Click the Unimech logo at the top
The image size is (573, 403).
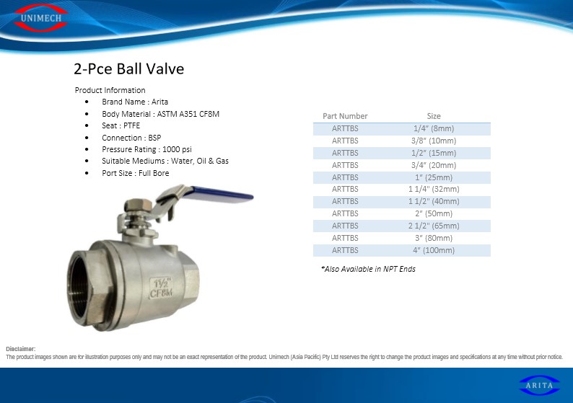(x=41, y=17)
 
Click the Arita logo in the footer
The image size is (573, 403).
(x=539, y=385)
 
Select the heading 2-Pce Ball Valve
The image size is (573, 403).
(x=129, y=69)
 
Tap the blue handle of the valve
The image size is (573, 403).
(x=222, y=192)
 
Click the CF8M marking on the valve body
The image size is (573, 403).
(x=161, y=293)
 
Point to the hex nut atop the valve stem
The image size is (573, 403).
(x=138, y=205)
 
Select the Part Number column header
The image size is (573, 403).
(x=345, y=116)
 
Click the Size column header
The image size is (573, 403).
(x=434, y=116)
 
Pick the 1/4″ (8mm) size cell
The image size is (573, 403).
(x=434, y=128)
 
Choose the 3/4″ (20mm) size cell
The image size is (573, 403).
(x=434, y=165)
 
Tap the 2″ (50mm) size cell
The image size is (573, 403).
(x=434, y=213)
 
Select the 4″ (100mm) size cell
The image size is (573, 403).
(x=434, y=250)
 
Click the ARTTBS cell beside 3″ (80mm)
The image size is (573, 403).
(x=345, y=238)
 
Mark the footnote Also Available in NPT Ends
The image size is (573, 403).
(x=368, y=269)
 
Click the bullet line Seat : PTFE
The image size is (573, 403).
(x=121, y=125)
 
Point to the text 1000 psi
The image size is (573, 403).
(x=177, y=149)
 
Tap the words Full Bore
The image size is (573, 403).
(x=154, y=173)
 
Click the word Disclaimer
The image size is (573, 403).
(x=20, y=349)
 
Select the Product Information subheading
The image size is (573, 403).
(x=110, y=90)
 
